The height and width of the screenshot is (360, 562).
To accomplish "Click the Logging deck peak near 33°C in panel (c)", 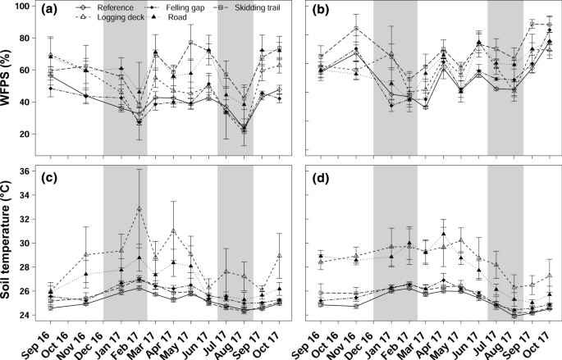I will [139, 208].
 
